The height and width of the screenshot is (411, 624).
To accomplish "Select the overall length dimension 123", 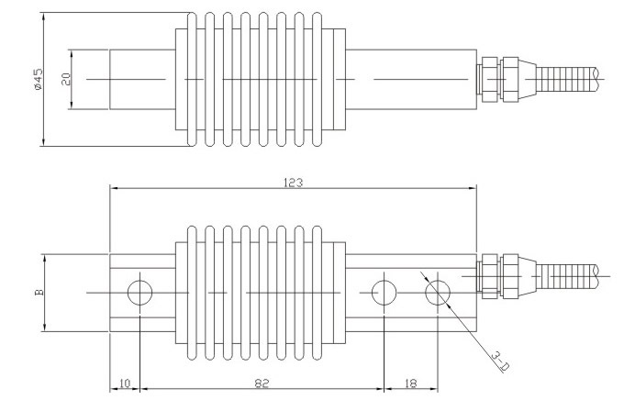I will point(295,183).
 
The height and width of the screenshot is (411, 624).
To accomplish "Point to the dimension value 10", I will point(125,383).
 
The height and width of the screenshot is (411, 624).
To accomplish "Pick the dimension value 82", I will point(260,383).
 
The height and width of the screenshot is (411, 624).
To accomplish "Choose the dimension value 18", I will point(409,383).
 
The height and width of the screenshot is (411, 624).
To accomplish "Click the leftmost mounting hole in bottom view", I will point(140,293).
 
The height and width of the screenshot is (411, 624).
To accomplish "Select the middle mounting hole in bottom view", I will point(384,293).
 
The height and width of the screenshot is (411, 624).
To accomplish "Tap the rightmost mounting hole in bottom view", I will point(438,293).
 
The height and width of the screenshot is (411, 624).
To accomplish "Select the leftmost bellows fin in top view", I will point(191,80).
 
